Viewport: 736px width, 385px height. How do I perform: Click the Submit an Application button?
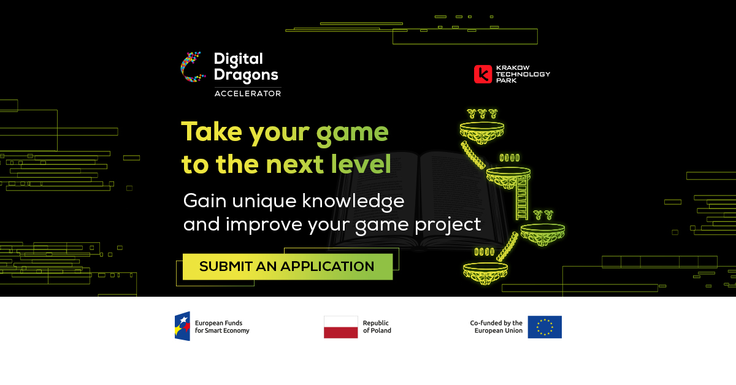pyautogui.click(x=287, y=267)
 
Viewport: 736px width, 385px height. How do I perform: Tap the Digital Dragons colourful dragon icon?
pyautogui.click(x=191, y=67)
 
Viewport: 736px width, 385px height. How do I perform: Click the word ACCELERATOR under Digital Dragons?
pyautogui.click(x=247, y=94)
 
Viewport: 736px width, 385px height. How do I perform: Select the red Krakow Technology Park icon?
pyautogui.click(x=483, y=74)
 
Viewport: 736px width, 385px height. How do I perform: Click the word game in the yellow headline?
pyautogui.click(x=352, y=132)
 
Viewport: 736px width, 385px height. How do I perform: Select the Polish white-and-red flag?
pyautogui.click(x=341, y=327)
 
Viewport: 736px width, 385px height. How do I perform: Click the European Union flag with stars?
pyautogui.click(x=545, y=327)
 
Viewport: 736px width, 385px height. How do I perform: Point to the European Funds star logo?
pyautogui.click(x=182, y=326)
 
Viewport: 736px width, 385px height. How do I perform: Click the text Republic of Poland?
pyautogui.click(x=377, y=327)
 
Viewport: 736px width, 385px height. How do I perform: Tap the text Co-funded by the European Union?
pyautogui.click(x=496, y=327)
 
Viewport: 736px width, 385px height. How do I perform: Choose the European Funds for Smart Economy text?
pyautogui.click(x=222, y=327)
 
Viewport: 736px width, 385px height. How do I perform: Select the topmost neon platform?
pyautogui.click(x=483, y=129)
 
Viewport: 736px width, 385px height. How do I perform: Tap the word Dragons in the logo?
pyautogui.click(x=246, y=75)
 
